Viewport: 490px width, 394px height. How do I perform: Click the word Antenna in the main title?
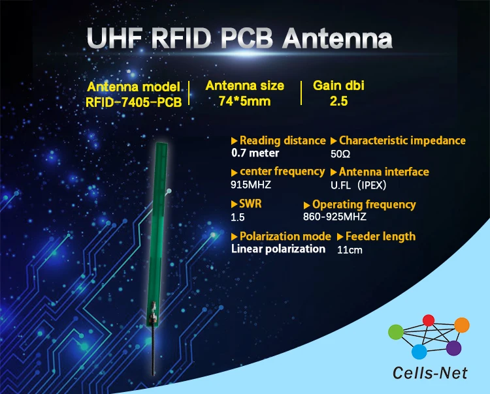[x=337, y=38]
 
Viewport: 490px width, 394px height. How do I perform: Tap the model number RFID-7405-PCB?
[x=134, y=102]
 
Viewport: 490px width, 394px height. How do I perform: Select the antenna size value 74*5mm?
[x=245, y=101]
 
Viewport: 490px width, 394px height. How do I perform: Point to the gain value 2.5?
[x=338, y=101]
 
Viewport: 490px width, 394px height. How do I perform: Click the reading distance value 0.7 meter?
[x=255, y=153]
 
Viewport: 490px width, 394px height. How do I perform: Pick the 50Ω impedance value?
[x=340, y=154]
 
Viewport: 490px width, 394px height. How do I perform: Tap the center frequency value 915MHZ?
[x=251, y=185]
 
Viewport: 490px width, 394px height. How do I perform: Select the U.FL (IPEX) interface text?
[x=359, y=185]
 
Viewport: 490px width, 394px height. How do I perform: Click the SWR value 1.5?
[x=238, y=217]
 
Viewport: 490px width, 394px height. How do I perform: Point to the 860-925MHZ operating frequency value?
[x=335, y=217]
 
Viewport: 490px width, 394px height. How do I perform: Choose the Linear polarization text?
[x=278, y=249]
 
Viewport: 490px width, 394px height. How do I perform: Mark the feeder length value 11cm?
[x=350, y=250]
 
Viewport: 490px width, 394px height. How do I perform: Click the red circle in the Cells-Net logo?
[x=429, y=320]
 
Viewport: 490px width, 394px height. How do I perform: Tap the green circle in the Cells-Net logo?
[x=396, y=332]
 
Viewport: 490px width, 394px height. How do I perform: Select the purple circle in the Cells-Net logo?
[x=454, y=348]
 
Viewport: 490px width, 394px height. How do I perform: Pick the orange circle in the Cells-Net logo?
[x=462, y=325]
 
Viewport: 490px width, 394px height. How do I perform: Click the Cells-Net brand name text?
[x=430, y=372]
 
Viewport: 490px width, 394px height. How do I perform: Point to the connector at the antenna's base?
[x=153, y=314]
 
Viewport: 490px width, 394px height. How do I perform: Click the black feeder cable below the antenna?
[x=153, y=350]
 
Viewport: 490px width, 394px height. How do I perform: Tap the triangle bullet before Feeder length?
[x=340, y=237]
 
